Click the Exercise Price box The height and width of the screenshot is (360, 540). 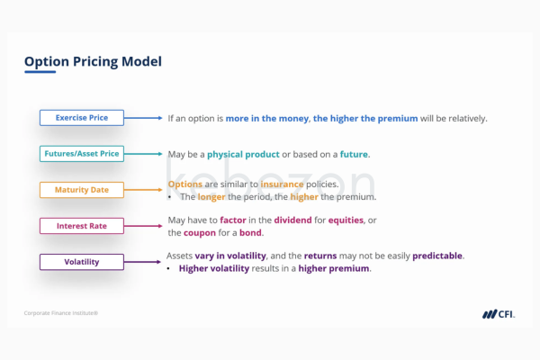82,118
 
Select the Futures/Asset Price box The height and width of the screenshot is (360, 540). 82,154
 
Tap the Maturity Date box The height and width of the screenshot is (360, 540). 82,190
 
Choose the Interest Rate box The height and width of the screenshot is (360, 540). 82,226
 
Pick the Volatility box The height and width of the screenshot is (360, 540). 82,262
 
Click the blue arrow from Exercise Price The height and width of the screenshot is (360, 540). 143,118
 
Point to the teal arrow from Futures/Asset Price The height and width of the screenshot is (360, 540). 143,154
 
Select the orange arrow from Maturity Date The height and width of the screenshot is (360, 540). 143,190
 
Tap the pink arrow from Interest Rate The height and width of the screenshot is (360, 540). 143,226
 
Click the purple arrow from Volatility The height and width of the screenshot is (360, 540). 142,262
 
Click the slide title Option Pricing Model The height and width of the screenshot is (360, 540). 93,62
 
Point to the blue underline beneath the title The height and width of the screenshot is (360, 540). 40,72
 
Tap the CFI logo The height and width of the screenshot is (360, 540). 499,314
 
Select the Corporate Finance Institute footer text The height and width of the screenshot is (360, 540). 61,313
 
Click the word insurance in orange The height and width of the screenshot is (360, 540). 282,184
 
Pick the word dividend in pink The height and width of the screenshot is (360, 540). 292,220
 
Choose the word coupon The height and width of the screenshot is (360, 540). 200,233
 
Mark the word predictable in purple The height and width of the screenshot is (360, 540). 437,256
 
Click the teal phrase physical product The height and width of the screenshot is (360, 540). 243,154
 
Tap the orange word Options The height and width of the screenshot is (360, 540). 184,184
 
